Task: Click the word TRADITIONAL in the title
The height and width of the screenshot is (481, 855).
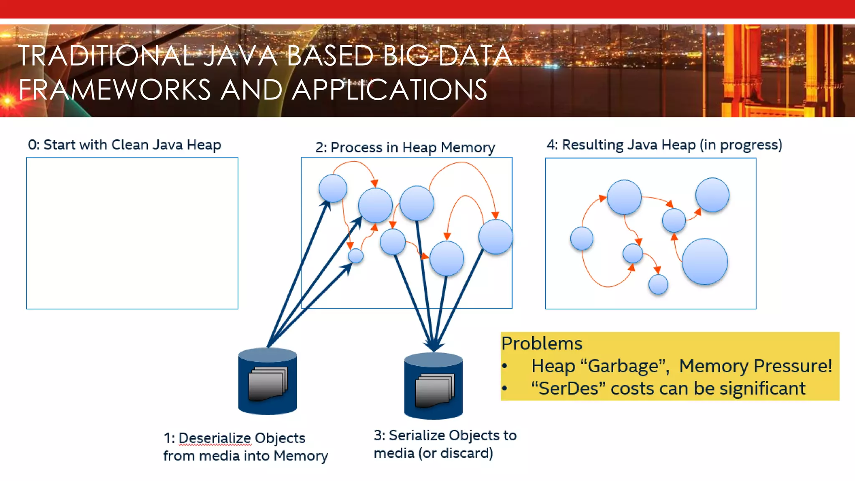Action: tap(106, 56)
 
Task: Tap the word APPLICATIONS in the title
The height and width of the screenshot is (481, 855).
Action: tap(389, 90)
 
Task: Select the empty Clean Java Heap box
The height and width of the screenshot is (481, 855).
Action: tap(132, 233)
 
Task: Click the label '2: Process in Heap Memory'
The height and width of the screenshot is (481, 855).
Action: tap(405, 147)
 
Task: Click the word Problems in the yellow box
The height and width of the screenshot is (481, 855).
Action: tap(541, 343)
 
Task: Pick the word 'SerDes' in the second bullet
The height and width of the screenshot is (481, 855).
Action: tap(568, 389)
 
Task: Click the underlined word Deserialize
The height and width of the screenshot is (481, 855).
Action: tap(215, 438)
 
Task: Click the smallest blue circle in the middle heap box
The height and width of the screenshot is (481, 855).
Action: tap(355, 256)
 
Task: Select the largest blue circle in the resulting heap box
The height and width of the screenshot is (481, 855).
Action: tap(705, 262)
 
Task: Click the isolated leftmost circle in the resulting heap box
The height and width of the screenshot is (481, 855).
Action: tap(582, 238)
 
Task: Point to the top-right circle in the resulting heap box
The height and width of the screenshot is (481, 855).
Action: tap(712, 195)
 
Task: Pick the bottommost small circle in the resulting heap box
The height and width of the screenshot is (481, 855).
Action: tap(658, 284)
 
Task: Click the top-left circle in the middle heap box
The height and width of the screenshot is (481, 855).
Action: tap(333, 188)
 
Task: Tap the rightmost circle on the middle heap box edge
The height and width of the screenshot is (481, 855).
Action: tap(496, 237)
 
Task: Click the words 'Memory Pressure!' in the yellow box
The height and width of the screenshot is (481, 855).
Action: tap(755, 366)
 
